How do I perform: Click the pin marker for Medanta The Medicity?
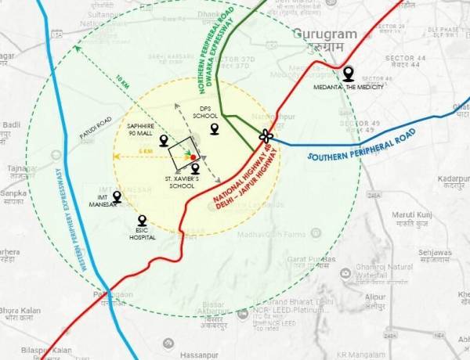(349, 74)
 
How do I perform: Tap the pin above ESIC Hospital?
(142, 221)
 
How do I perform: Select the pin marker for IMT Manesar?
(117, 196)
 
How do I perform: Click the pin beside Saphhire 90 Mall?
(164, 141)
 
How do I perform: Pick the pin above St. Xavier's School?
(195, 167)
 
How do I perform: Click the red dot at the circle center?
(193, 157)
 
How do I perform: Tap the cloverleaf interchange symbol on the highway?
(266, 136)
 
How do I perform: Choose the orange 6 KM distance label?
(145, 151)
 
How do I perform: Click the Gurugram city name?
(325, 34)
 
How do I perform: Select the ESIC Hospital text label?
(142, 233)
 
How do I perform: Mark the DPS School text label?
(205, 112)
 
